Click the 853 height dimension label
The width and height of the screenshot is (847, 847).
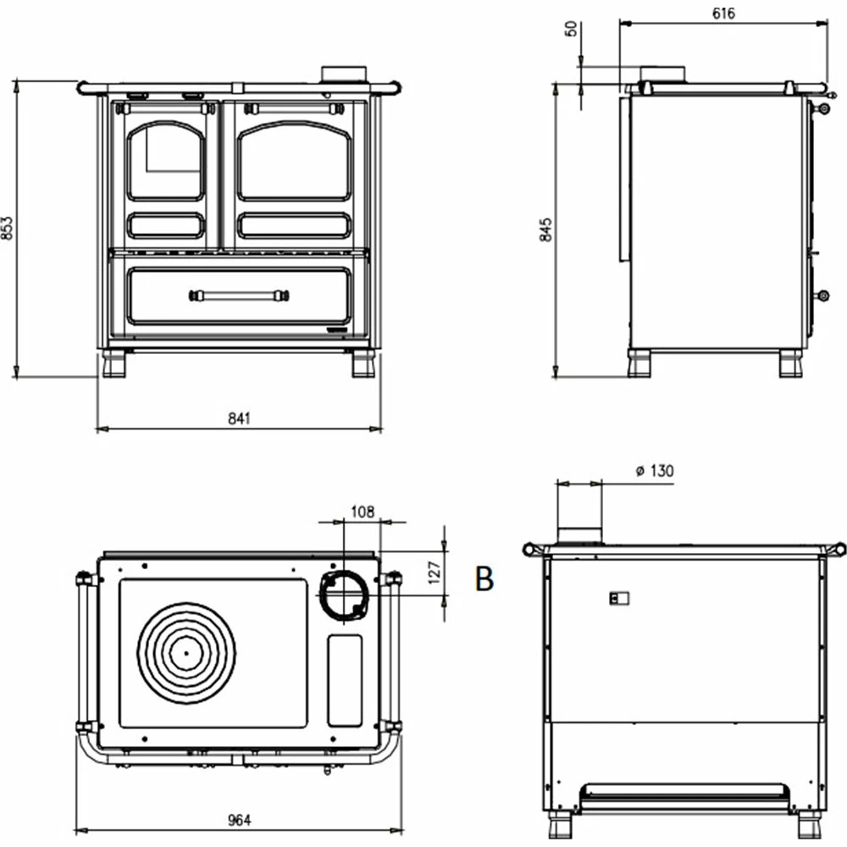coord(8,230)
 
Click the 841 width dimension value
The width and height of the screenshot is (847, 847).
coord(240,418)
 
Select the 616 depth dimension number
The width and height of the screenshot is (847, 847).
coord(723,13)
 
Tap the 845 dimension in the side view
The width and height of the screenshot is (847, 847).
coord(546,230)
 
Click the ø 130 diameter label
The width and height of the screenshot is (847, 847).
coord(654,471)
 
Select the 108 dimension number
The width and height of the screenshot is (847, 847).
coord(363,511)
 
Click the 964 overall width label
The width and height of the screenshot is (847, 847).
coord(240,820)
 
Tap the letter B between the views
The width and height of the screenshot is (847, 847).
coord(484,579)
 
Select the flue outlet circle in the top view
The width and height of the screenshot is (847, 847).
coord(343,595)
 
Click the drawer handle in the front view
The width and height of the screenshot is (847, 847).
coord(240,296)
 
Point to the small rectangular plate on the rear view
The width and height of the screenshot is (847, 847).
coord(619,599)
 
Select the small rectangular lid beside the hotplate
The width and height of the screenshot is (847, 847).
coord(345,679)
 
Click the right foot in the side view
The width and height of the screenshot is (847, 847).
coord(791,364)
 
